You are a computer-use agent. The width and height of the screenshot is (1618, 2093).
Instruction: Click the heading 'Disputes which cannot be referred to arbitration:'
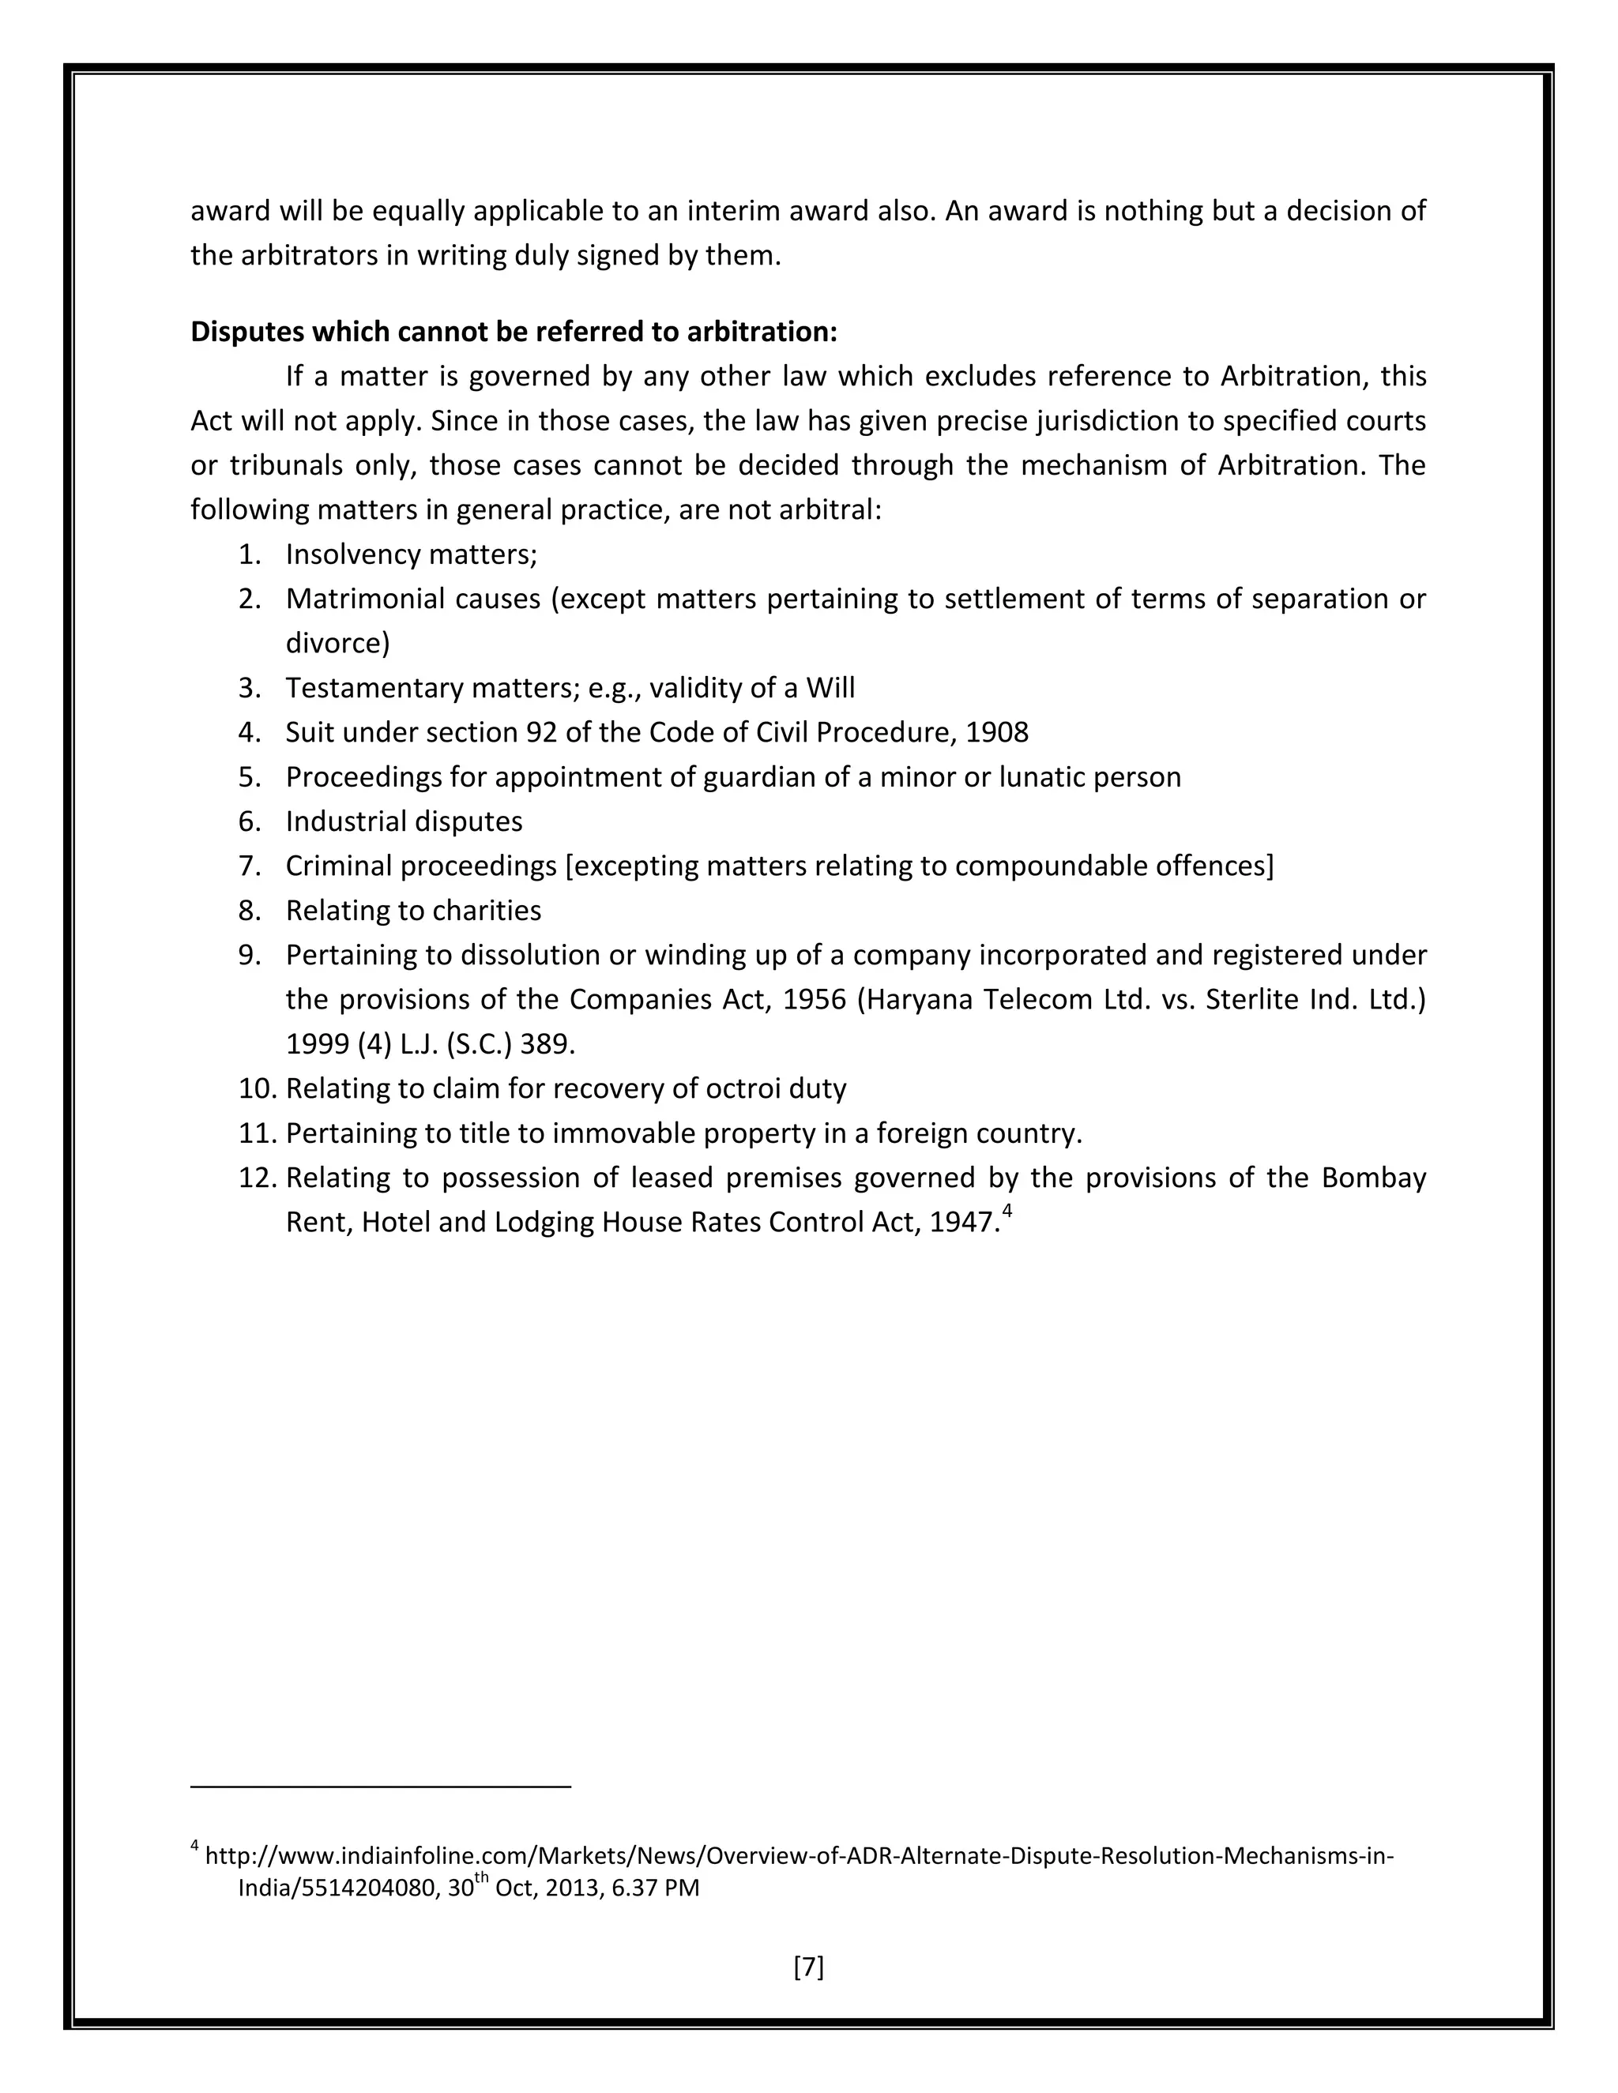[x=514, y=332]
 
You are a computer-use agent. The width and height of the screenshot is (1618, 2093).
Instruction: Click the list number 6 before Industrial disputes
[x=249, y=821]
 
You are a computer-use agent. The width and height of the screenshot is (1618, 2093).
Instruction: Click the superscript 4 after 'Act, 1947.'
[x=1007, y=1212]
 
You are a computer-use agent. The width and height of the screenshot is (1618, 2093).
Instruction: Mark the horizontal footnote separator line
[x=381, y=1787]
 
